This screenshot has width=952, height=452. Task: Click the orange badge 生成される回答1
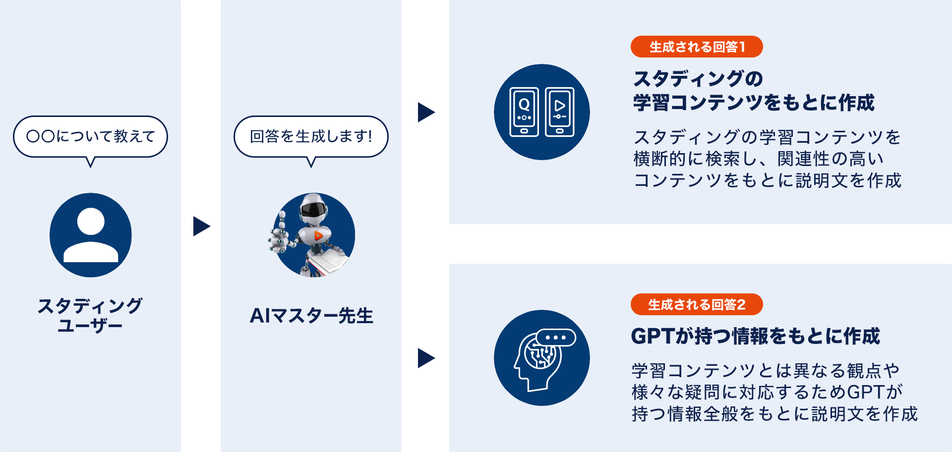(696, 47)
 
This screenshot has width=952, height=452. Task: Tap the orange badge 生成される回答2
(696, 304)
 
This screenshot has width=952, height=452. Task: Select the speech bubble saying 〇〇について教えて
(90, 136)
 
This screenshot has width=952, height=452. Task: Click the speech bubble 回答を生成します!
(311, 136)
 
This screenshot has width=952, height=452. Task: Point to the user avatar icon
(91, 235)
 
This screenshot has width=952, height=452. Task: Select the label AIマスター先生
(311, 316)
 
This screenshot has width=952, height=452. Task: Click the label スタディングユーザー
(90, 315)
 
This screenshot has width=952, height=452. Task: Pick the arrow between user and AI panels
(201, 226)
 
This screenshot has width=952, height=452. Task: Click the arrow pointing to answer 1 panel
(425, 112)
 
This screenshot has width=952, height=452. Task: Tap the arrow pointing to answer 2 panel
(425, 358)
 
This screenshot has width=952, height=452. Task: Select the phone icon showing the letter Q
(524, 112)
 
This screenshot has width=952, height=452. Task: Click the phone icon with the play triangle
(559, 112)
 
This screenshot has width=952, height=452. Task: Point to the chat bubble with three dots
(555, 338)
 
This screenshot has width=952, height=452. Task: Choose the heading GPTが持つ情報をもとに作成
(755, 336)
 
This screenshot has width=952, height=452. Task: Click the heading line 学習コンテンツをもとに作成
(754, 103)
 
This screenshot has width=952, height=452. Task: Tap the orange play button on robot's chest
(318, 236)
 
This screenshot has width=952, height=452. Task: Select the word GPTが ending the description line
(875, 392)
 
